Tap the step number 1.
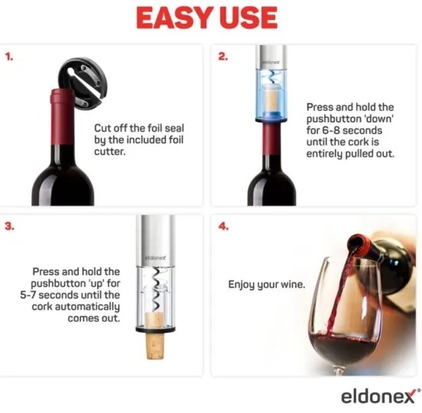point(9,57)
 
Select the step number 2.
point(222,57)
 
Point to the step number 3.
point(9,226)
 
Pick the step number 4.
point(223,226)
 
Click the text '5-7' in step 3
point(28,295)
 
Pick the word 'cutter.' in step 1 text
point(110,152)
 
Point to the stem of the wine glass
point(339,370)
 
